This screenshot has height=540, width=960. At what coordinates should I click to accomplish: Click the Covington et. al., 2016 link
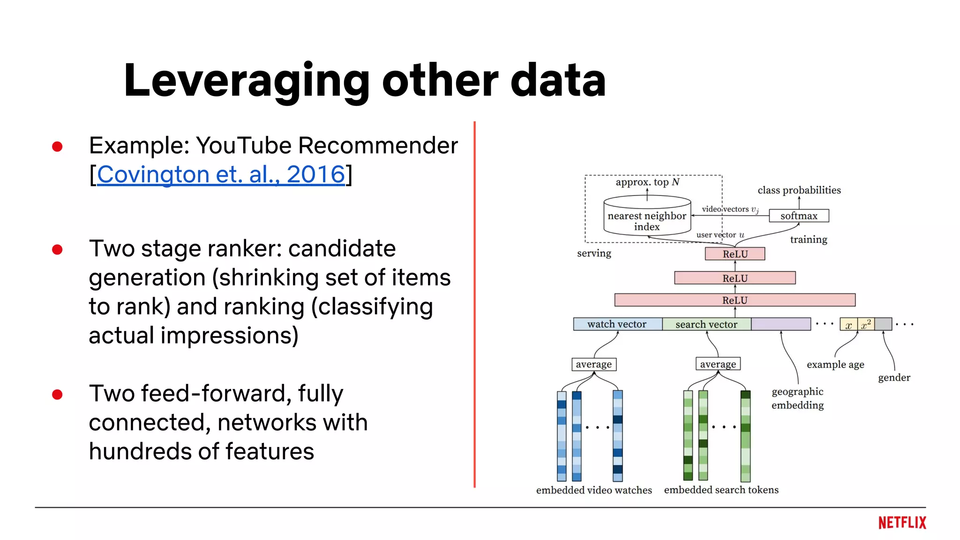coord(221,174)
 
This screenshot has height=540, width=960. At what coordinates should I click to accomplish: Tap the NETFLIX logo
coord(902,523)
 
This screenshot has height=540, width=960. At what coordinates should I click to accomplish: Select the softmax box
coord(799,216)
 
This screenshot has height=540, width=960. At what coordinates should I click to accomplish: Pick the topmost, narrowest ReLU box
coord(735,254)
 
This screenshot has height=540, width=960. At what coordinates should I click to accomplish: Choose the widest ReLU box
coord(735,300)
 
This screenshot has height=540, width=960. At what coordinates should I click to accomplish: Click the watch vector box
coord(617,324)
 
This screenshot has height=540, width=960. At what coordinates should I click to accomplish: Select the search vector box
coord(706,324)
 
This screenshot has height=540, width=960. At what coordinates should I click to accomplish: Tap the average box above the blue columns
coord(593,364)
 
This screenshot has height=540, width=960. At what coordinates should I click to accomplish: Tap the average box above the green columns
coord(718,364)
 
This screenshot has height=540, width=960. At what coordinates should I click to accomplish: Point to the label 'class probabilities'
coord(799,190)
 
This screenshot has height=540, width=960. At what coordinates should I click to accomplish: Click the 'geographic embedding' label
coord(797,398)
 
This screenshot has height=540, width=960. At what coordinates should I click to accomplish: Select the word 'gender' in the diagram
coord(894,377)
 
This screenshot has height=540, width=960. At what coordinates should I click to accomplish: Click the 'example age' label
coord(835,364)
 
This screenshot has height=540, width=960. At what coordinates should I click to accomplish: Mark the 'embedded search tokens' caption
coord(721,489)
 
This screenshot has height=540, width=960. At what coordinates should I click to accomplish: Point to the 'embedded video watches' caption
coord(594,490)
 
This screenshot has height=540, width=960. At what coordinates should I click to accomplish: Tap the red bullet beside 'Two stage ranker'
coord(58,249)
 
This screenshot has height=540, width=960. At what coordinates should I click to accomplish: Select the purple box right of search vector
coord(780,324)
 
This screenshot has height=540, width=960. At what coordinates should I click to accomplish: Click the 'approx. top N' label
coord(647,182)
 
